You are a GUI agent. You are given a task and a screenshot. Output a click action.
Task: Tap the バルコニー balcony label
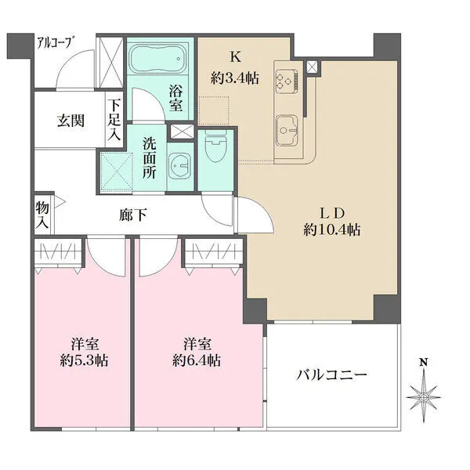[x=331, y=374]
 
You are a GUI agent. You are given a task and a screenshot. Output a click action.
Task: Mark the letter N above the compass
[x=424, y=363]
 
